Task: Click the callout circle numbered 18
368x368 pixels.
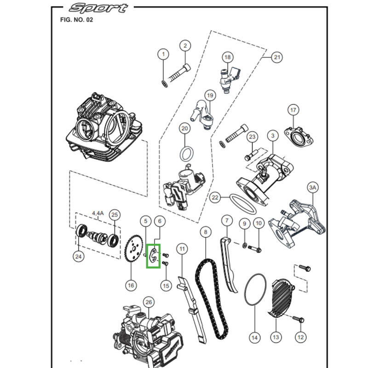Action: click(227, 57)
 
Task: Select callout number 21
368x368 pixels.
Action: click(276, 57)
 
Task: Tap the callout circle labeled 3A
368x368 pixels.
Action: click(313, 188)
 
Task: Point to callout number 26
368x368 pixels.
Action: click(148, 302)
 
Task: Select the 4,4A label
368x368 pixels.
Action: click(98, 213)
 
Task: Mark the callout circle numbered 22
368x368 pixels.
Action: click(215, 198)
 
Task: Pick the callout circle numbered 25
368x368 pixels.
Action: click(115, 214)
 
